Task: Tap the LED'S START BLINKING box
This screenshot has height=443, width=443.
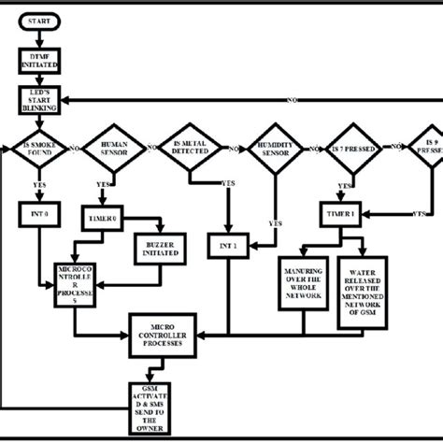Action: (x=38, y=101)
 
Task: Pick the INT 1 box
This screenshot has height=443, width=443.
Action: (x=228, y=246)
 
